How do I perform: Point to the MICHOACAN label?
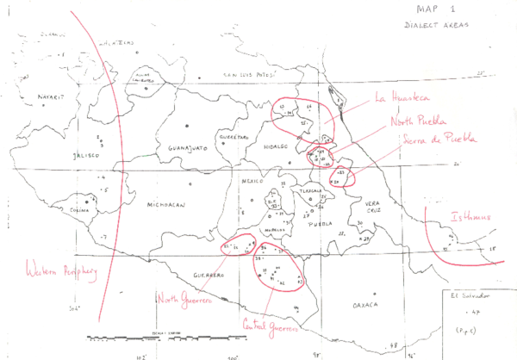tap(166, 206)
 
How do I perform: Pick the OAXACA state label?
tap(365, 306)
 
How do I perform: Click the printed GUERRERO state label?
tap(209, 275)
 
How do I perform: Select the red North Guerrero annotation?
tap(185, 299)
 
